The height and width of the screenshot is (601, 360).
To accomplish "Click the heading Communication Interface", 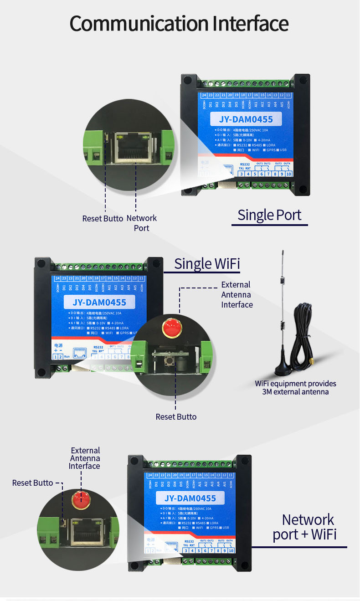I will click(179, 24).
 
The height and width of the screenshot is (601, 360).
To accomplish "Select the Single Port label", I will click(269, 215).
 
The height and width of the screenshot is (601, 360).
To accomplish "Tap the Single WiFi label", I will click(207, 263).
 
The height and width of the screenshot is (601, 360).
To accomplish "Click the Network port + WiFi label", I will click(304, 527).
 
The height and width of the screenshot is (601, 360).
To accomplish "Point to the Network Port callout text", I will click(141, 223).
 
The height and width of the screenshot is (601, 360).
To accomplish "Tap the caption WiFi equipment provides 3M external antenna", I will click(295, 388).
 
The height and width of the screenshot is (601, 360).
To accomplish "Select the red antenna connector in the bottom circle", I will click(81, 501).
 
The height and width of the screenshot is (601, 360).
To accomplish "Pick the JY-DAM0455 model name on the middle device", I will click(99, 302).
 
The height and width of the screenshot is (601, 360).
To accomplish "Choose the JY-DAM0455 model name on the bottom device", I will click(190, 498).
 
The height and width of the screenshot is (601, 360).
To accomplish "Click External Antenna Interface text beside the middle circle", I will click(237, 294).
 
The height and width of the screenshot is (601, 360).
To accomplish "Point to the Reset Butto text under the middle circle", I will click(176, 416).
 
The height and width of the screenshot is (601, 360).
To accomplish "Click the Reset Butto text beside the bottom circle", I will click(32, 483).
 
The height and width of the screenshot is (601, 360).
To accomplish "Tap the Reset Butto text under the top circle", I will click(103, 218).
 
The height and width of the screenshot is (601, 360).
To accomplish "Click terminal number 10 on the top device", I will click(288, 173).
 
